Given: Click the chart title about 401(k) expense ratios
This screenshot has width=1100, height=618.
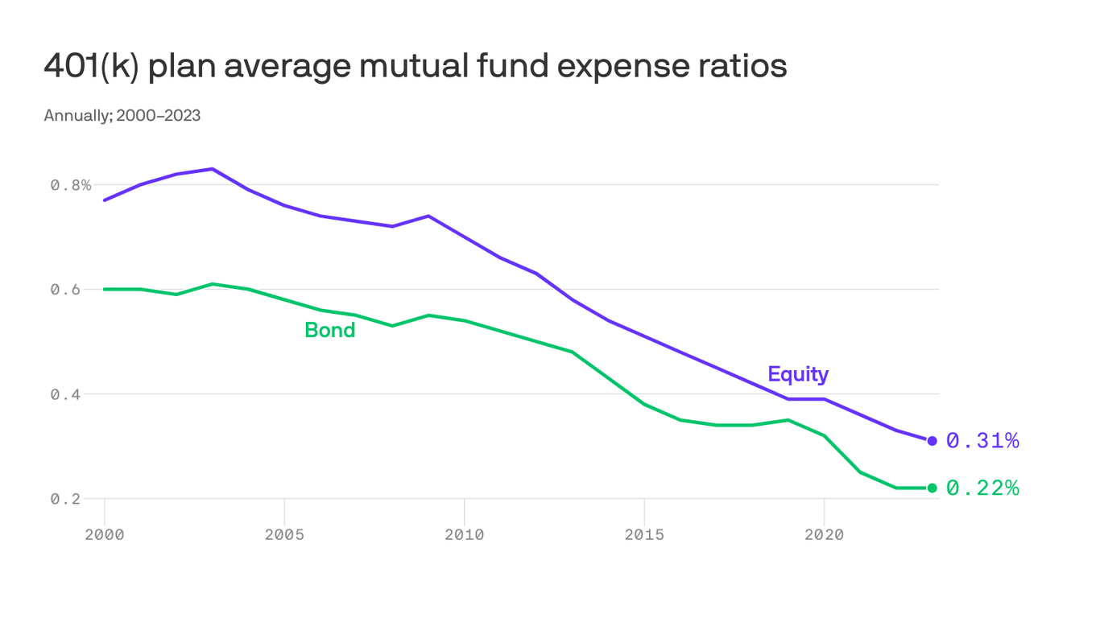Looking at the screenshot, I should coord(415,66).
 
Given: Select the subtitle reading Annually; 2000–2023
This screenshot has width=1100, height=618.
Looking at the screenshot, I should coord(122,116).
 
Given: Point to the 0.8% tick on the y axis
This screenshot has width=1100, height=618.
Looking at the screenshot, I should coord(71,185).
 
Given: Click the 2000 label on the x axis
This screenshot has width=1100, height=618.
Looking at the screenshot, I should coord(105,534).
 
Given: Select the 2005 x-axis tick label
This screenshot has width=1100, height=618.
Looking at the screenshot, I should coord(284,534).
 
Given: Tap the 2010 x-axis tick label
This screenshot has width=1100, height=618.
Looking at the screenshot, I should coord(465,534).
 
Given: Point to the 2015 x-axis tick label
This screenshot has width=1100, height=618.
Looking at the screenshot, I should coord(644,534).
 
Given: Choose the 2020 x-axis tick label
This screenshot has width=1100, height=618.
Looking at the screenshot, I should coord(824,534).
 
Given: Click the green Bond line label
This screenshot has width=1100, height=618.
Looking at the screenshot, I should coord(329,330).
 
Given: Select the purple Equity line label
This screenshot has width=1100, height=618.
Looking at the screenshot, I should coord(797,374).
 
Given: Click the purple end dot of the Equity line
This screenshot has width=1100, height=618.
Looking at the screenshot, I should coord(933,441).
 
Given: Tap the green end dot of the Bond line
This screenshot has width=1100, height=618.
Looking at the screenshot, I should coord(933,488).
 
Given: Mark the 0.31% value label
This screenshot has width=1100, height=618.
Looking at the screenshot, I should coord(982,441).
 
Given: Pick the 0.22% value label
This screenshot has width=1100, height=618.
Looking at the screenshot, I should coord(982,488).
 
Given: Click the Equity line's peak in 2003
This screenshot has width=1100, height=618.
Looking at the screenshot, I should coord(212,169).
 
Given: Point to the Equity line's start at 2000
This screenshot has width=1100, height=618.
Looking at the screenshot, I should coord(105,200).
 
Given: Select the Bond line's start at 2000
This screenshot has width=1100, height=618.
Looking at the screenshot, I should coord(105,289).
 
